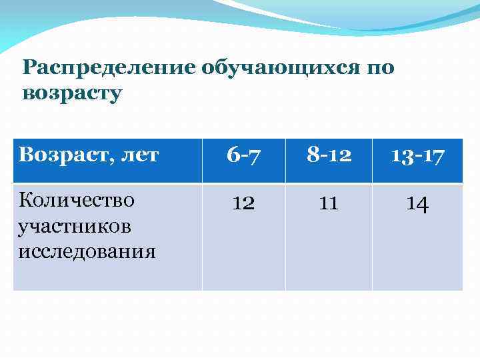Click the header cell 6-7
(x=243, y=156)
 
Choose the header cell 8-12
(x=329, y=156)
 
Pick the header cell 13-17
(x=417, y=156)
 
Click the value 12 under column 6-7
(x=243, y=203)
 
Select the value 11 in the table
(x=329, y=203)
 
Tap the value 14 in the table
(x=417, y=203)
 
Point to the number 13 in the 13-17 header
(x=402, y=156)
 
